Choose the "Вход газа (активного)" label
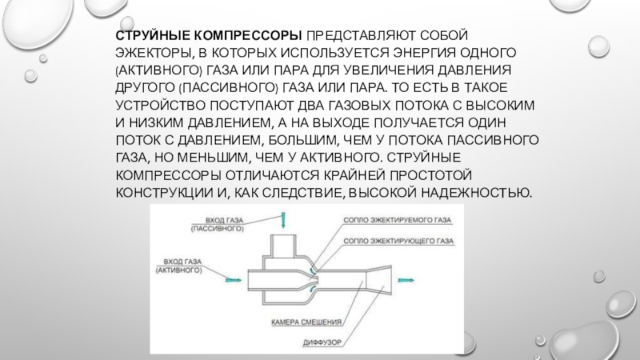coord(181,266)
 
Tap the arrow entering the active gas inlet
coord(232,280)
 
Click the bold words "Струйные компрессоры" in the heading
coord(209,36)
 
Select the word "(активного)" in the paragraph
coord(155,71)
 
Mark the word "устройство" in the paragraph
coord(160,106)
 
